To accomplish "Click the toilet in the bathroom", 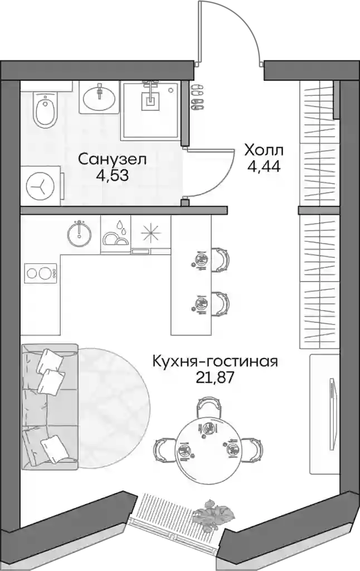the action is click(45, 109).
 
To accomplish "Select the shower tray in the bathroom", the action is click(150, 111).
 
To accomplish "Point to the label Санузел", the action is click(112, 159).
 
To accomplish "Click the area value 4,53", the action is click(112, 176).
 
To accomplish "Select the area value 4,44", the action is click(264, 166).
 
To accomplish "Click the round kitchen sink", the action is click(79, 234).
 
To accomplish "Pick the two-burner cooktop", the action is click(41, 273).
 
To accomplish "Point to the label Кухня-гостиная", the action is click(215, 361).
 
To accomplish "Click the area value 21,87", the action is click(215, 379).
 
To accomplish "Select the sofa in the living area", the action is click(50, 407).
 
